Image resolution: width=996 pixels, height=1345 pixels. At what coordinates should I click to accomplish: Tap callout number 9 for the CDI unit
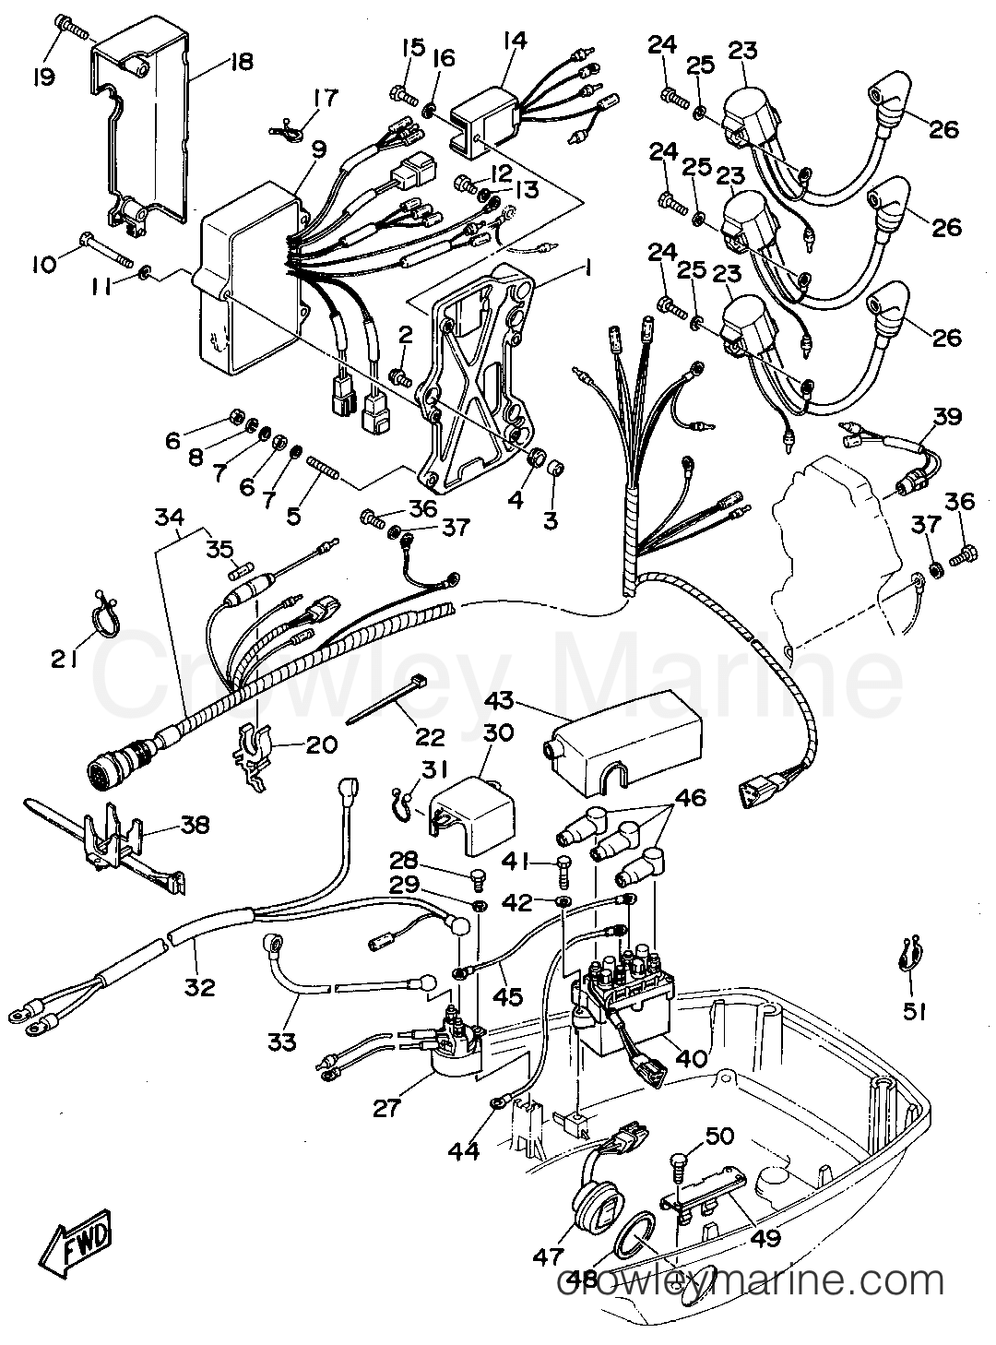click(319, 149)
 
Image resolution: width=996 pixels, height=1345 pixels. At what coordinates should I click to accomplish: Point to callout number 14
click(514, 41)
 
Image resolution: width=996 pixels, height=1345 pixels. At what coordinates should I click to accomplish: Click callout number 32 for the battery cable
click(199, 987)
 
